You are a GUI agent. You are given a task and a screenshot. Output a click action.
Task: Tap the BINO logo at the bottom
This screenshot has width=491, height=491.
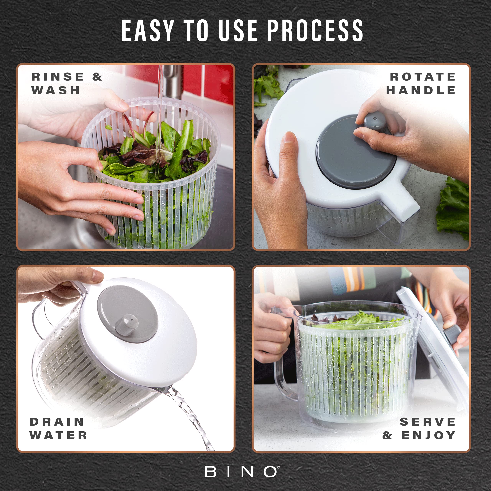point(242,472)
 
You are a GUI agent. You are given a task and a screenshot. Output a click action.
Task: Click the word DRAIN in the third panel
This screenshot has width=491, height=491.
point(57,422)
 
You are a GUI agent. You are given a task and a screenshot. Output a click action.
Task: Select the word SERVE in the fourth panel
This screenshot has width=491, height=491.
point(428,422)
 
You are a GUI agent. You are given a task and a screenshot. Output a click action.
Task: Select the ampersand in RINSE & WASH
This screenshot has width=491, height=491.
point(97,77)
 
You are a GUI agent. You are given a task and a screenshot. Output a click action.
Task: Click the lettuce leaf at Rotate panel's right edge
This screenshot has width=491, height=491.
point(454,208)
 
